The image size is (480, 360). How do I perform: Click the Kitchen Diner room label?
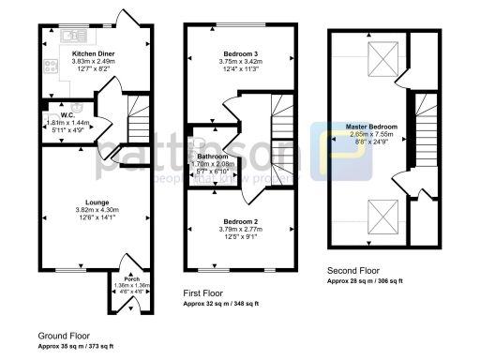tap(93, 53)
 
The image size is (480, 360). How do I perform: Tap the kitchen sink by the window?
tap(71, 36)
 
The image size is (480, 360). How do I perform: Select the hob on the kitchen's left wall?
tap(47, 66)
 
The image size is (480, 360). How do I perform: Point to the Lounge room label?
tap(92, 202)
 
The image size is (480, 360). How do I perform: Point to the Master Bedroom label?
tap(371, 126)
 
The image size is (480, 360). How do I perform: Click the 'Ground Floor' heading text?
tap(64, 335)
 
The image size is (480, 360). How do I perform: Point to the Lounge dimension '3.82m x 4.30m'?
tap(92, 211)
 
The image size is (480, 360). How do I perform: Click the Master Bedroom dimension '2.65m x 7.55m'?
tap(371, 134)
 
